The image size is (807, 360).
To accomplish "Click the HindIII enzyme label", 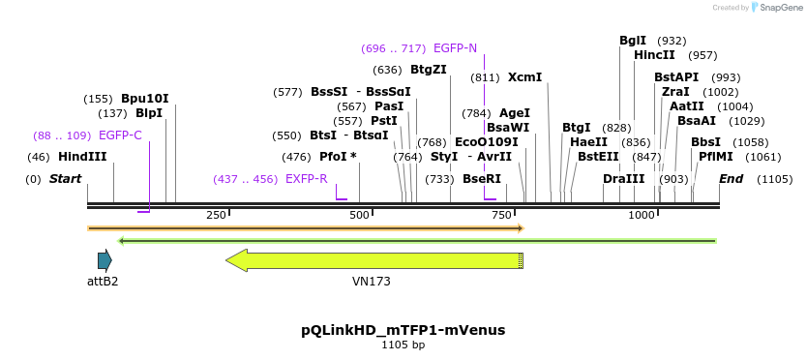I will tap(82, 157).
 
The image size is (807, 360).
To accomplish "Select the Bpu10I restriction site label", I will tap(145, 99).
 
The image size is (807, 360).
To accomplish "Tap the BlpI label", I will tap(149, 113).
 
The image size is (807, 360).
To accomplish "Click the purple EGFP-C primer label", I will tap(120, 135).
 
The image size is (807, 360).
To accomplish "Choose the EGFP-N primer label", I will tap(455, 48).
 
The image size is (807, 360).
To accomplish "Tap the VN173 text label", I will tap(372, 282).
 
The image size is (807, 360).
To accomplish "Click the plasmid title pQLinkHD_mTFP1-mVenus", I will tap(403, 330).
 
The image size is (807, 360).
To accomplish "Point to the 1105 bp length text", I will tap(403, 345).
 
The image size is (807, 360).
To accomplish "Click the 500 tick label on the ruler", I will tap(359, 215).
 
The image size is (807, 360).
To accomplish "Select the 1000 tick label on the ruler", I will tap(643, 215).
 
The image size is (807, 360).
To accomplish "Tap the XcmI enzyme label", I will tap(524, 77).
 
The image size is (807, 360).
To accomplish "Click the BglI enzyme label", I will tap(633, 41).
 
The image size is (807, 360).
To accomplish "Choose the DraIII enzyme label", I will tap(623, 179).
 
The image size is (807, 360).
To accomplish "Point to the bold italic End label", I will tap(731, 179).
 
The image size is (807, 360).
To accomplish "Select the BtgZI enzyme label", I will tap(429, 70).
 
